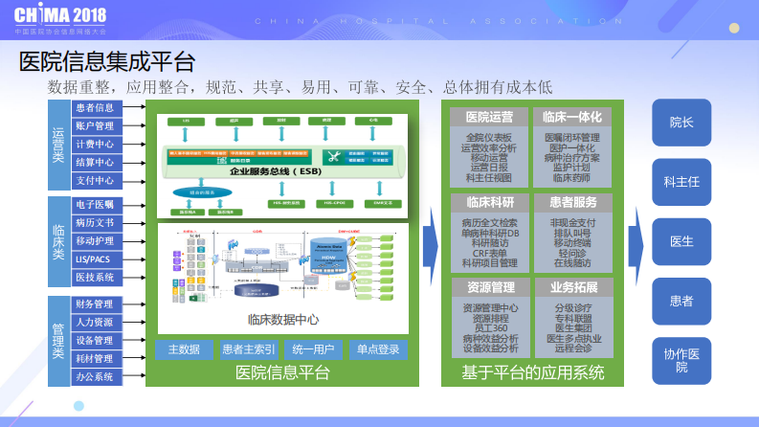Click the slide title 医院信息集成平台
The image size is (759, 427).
click(x=107, y=62)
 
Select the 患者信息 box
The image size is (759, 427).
click(x=95, y=108)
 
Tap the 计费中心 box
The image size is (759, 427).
click(x=95, y=145)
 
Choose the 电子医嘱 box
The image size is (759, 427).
click(x=95, y=205)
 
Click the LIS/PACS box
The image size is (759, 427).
click(x=95, y=259)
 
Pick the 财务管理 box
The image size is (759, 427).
click(x=95, y=304)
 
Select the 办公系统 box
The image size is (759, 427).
click(x=95, y=377)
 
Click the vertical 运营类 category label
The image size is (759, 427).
click(x=58, y=145)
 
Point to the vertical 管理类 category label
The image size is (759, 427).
click(x=58, y=340)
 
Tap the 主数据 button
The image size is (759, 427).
click(x=183, y=349)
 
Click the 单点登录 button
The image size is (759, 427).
click(x=378, y=349)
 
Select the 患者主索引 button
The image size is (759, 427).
click(x=248, y=349)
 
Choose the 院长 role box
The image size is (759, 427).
click(x=681, y=123)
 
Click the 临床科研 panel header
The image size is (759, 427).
click(x=489, y=202)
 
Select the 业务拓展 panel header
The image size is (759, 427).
click(x=574, y=287)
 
